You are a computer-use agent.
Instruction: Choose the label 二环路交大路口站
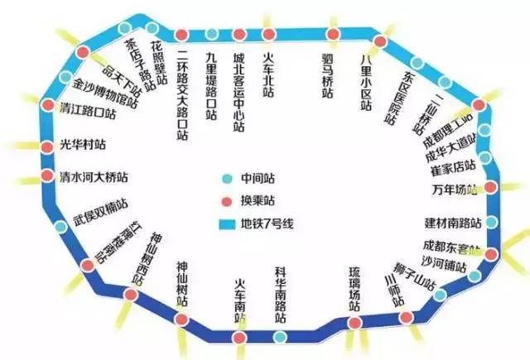pos(184,95)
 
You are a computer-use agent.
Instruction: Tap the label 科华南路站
pos(282,295)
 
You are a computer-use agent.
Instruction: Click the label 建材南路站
pos(453,223)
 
